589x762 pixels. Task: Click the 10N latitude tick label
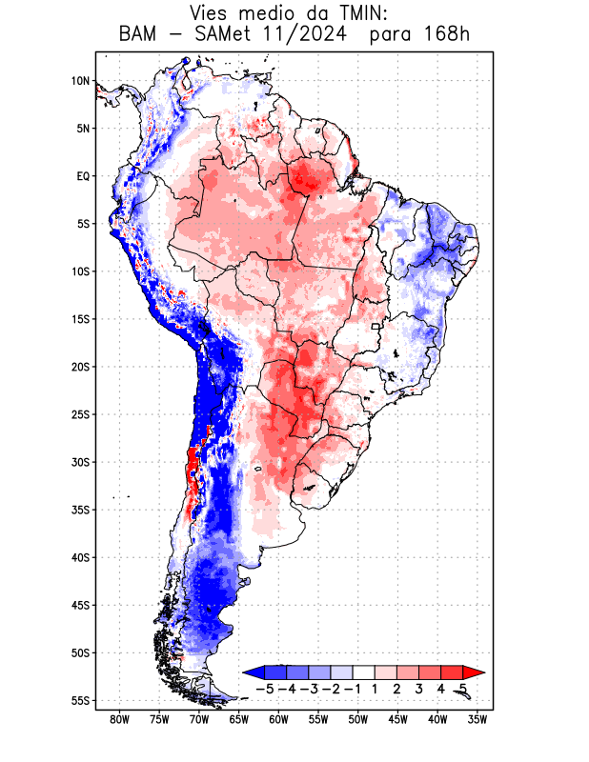coord(80,81)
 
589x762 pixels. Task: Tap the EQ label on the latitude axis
coord(82,176)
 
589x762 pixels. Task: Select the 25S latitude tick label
coord(80,414)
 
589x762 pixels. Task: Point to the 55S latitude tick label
coord(80,701)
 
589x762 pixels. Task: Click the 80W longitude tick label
coord(119,719)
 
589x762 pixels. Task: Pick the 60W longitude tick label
coord(278,719)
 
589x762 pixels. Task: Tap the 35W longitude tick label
coord(478,719)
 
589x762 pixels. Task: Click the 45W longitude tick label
coord(398,719)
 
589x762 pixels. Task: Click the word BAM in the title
coord(139,35)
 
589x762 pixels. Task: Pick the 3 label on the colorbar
coord(419,689)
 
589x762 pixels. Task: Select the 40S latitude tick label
coord(80,557)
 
